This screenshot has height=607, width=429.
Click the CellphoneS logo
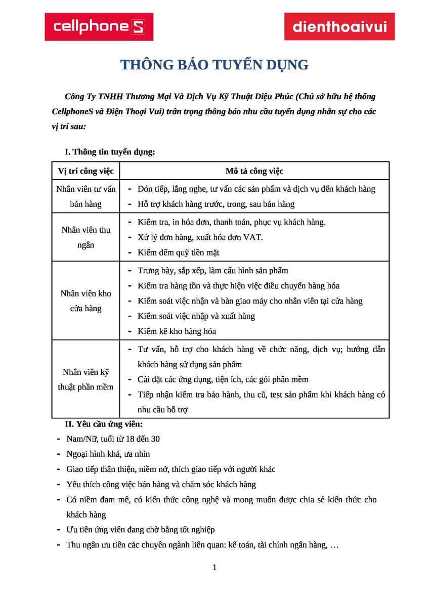coord(99,27)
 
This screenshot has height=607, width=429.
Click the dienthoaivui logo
coord(339,26)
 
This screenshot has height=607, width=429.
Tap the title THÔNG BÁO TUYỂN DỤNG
coord(214,65)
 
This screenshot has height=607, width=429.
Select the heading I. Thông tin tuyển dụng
coord(110,152)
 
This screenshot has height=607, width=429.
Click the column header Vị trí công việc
coord(86,171)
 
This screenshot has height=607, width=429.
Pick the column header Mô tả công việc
coord(254,171)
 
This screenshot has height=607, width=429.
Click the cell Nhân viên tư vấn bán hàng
coord(86,196)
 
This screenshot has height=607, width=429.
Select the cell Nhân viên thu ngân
coord(86,237)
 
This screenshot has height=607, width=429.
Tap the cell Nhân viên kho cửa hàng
coord(86,300)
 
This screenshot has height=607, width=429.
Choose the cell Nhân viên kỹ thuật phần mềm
coord(86,379)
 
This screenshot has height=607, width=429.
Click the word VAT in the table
coord(253,237)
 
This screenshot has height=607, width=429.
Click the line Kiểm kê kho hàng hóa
coord(177,331)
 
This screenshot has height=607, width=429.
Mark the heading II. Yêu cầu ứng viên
coord(107,424)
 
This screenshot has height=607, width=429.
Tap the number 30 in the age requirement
coord(155,439)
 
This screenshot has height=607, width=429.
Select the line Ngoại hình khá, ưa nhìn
coord(108,454)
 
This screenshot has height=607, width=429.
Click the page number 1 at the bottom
coord(214,568)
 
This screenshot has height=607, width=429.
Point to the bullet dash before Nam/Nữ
coord(59,439)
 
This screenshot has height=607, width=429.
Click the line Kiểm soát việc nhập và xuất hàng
coord(196,316)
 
